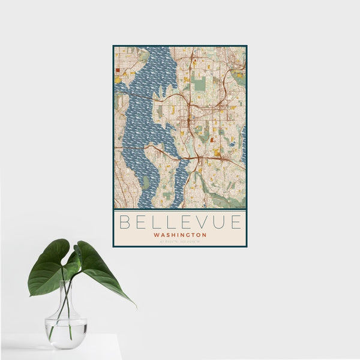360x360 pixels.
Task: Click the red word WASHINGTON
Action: (180, 235)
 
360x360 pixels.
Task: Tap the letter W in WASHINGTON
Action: (156, 235)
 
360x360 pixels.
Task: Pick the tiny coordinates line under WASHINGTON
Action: (180, 241)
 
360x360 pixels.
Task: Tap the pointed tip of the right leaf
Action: (134, 306)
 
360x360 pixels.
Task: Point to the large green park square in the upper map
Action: (199, 84)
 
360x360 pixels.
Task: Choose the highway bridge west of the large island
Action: (134, 147)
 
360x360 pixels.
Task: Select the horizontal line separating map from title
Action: (180, 209)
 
